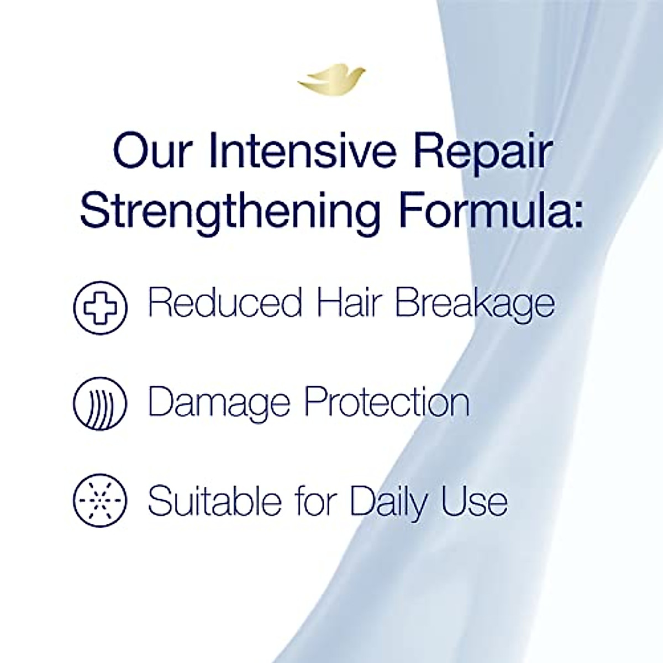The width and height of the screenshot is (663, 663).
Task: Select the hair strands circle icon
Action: click(101, 403)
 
